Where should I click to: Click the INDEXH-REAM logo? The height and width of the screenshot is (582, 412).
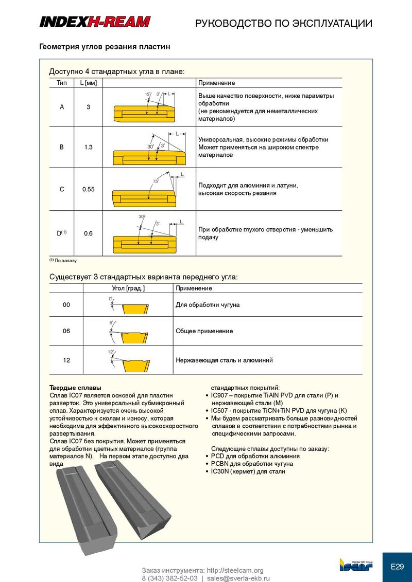(95, 22)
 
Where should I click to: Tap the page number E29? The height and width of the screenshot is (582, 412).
(397, 567)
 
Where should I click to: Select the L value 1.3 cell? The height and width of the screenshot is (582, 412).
(88, 147)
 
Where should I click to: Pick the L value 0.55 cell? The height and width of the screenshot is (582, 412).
(88, 189)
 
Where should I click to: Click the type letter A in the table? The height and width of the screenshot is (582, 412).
(62, 107)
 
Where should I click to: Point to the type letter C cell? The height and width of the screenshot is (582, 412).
(62, 189)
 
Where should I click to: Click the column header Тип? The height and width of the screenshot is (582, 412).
(62, 83)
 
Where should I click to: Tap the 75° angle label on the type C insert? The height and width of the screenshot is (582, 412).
(156, 181)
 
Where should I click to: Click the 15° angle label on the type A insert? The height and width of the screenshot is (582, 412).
(147, 94)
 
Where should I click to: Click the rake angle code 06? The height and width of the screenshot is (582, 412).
(66, 331)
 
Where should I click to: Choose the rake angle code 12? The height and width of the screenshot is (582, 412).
(66, 360)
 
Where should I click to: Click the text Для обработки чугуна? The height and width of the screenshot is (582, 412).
(207, 305)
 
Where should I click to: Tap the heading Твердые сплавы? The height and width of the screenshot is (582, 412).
(75, 387)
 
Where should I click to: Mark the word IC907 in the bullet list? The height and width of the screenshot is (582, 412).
(221, 396)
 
